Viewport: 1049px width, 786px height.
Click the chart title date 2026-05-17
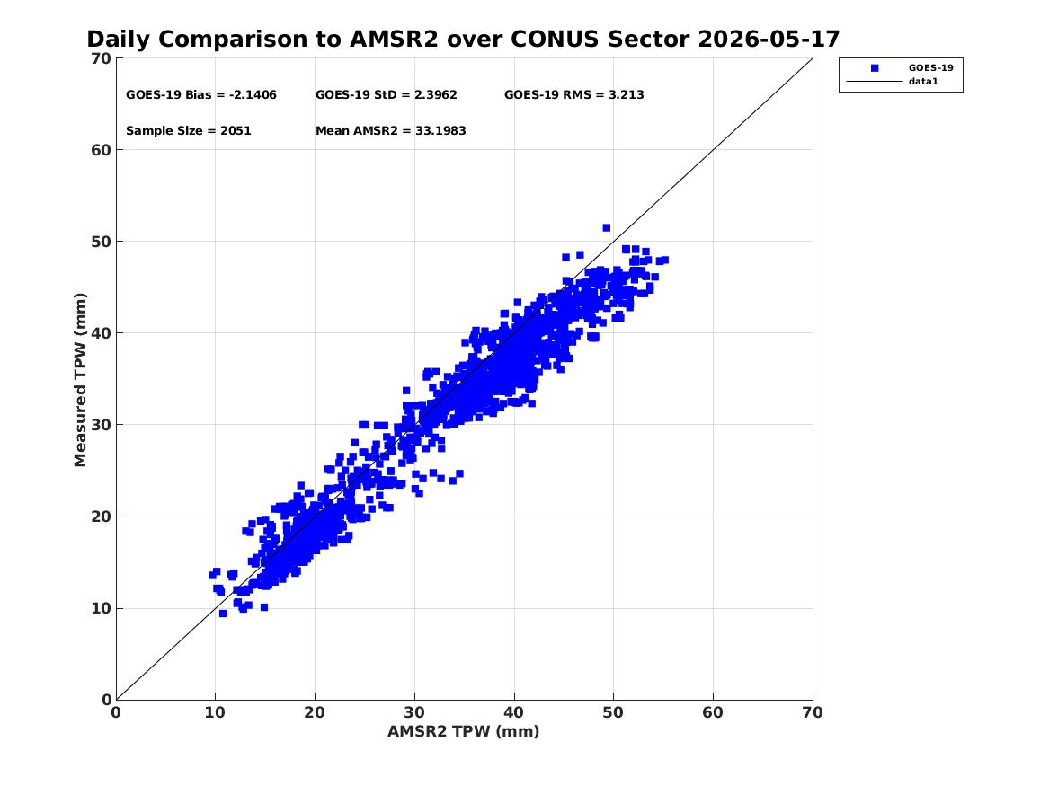pyautogui.click(x=769, y=40)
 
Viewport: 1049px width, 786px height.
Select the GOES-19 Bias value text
pyautogui.click(x=201, y=95)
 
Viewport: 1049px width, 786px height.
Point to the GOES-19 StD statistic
pyautogui.click(x=387, y=95)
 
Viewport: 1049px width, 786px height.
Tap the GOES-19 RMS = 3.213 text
pyautogui.click(x=574, y=95)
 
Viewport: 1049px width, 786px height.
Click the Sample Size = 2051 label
pyautogui.click(x=189, y=131)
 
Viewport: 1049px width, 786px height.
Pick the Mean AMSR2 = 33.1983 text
pyautogui.click(x=391, y=131)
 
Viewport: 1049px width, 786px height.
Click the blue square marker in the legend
pyautogui.click(x=875, y=68)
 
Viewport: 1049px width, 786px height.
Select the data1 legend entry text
pyautogui.click(x=923, y=82)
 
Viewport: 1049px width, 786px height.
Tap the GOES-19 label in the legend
pyautogui.click(x=930, y=68)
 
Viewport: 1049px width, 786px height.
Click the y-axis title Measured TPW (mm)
pyautogui.click(x=81, y=380)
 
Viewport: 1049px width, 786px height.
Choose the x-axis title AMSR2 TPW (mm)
pyautogui.click(x=464, y=731)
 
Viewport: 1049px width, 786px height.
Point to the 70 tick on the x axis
pyautogui.click(x=813, y=712)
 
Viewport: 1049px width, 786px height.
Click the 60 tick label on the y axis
pyautogui.click(x=102, y=150)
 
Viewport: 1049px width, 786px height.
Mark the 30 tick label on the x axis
pyautogui.click(x=414, y=712)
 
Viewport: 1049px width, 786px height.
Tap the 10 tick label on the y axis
pyautogui.click(x=102, y=608)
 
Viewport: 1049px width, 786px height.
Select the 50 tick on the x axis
pyautogui.click(x=613, y=712)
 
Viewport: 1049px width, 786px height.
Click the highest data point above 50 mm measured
pyautogui.click(x=607, y=228)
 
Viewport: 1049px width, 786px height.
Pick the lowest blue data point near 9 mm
pyautogui.click(x=223, y=614)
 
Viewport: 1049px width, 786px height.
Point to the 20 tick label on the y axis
pyautogui.click(x=102, y=517)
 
